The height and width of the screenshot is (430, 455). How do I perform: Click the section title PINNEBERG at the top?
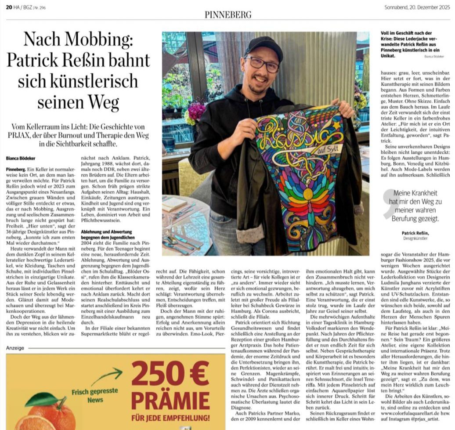[228, 14]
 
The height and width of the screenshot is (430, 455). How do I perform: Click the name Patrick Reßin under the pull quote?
[417, 233]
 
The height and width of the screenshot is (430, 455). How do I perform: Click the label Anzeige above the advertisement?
[15, 348]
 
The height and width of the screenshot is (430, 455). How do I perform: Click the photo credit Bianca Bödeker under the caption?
[434, 57]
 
